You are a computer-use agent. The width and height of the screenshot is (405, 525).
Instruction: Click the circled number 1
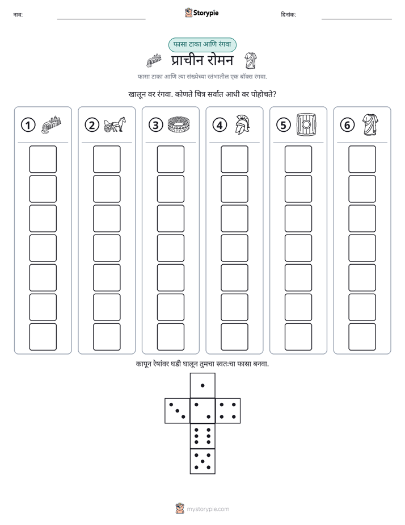point(28,125)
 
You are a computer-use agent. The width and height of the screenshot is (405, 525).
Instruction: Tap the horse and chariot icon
point(115,124)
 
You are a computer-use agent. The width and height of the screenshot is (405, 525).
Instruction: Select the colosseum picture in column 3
point(179,124)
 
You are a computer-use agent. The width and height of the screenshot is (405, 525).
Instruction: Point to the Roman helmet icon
point(242,124)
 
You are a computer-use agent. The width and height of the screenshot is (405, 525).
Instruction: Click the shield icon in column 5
point(306,124)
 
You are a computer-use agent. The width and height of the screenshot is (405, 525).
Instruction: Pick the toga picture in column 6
point(370,124)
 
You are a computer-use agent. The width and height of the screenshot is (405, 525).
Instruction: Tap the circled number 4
point(220,125)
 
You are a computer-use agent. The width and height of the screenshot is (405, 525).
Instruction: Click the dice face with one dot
point(202,385)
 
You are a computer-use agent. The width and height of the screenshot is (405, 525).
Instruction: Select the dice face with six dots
point(202,436)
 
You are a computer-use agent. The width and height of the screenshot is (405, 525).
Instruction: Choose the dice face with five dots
point(202,461)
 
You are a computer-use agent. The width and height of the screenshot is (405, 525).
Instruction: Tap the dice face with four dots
point(228,411)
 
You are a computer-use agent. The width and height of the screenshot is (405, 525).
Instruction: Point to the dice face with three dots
point(177,411)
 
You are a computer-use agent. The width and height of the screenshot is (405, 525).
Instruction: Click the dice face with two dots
point(202,411)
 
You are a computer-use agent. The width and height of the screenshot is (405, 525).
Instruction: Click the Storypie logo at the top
point(201,13)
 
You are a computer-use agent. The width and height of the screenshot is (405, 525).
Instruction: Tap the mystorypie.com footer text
point(208,509)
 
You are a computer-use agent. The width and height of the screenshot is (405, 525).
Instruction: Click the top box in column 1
point(43,159)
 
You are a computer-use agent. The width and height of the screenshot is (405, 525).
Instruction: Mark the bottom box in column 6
point(362,337)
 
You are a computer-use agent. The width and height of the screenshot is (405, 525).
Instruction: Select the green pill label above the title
point(202,44)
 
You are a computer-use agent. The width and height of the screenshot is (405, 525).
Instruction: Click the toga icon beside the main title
point(250,60)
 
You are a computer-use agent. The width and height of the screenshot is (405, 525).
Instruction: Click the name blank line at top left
point(101,19)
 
